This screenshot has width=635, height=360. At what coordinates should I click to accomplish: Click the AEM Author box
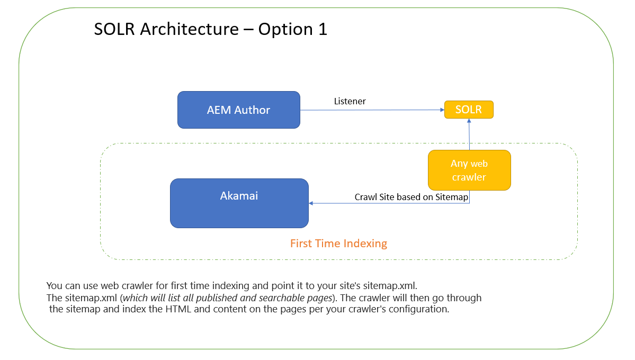click(238, 110)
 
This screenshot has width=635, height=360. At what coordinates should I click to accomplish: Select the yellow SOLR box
click(469, 110)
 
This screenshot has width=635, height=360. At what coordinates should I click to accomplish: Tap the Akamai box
click(239, 203)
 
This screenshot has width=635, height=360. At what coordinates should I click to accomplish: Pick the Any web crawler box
click(469, 170)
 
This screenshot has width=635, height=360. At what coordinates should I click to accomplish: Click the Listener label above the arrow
click(350, 101)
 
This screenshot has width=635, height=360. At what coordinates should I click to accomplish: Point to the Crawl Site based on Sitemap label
click(411, 197)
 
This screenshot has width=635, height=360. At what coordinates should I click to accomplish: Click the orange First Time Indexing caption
click(338, 244)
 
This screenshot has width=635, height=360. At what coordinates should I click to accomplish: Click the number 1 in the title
click(323, 29)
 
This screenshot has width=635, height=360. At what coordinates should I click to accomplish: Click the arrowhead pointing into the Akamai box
click(311, 203)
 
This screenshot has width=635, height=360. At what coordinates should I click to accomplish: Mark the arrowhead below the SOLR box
click(469, 121)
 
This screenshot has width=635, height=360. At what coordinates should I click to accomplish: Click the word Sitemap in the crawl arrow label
click(452, 197)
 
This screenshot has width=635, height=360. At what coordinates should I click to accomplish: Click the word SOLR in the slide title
click(114, 29)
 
